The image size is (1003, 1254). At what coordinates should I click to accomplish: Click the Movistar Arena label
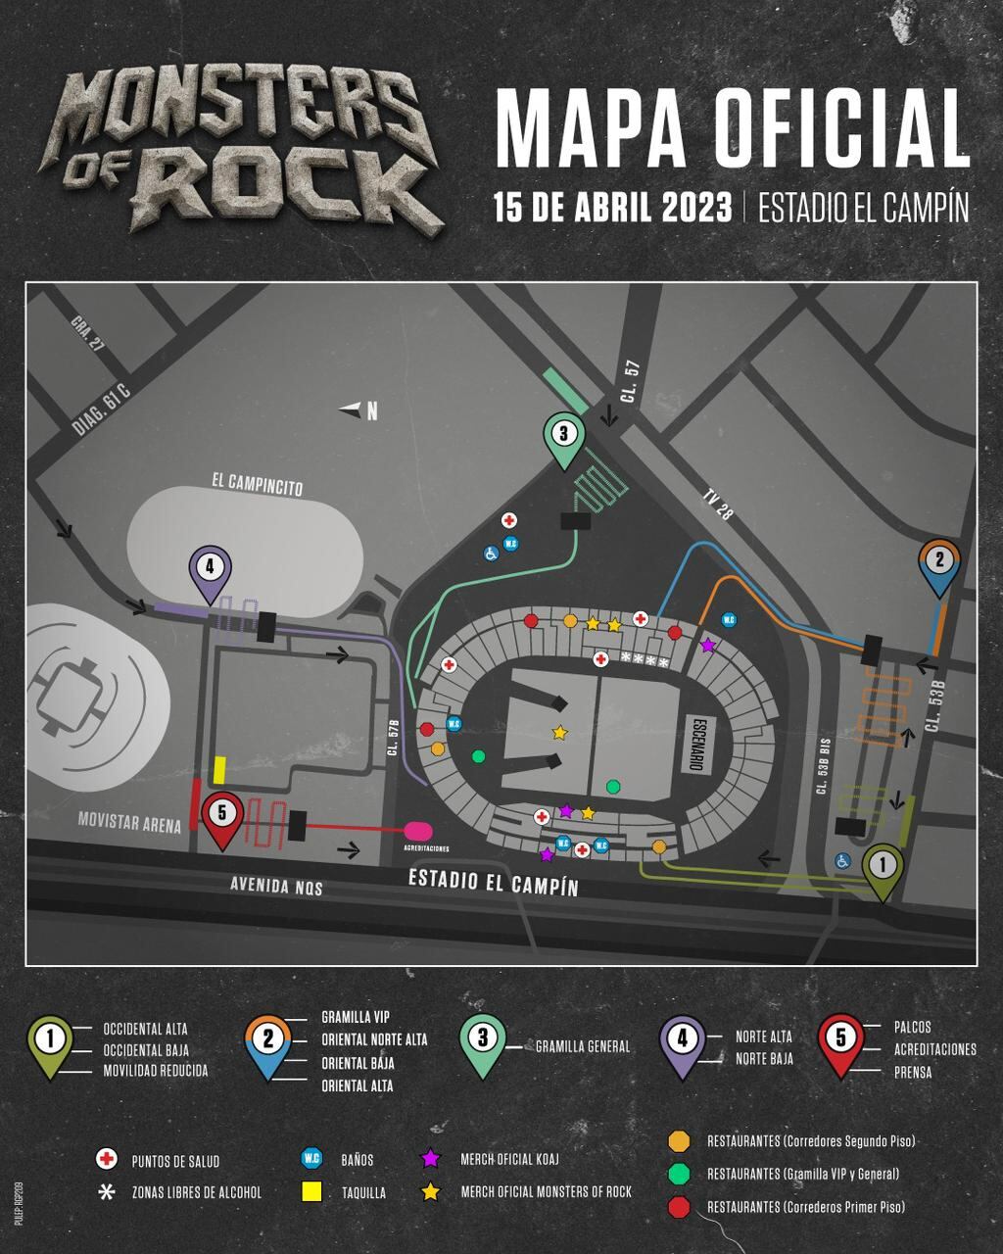pyautogui.click(x=129, y=824)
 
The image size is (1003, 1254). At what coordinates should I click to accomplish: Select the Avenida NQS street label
pyautogui.click(x=276, y=887)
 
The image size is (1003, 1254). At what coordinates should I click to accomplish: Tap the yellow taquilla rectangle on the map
pyautogui.click(x=220, y=769)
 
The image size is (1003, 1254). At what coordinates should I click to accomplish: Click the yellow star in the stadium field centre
pyautogui.click(x=559, y=732)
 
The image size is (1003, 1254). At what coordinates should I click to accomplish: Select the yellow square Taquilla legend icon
pyautogui.click(x=312, y=1191)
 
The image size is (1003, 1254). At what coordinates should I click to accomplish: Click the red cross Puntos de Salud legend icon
pyautogui.click(x=106, y=1160)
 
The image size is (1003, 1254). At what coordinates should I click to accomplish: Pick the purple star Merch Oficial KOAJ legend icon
pyautogui.click(x=429, y=1159)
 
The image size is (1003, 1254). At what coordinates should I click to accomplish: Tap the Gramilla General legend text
pyautogui.click(x=582, y=1046)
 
